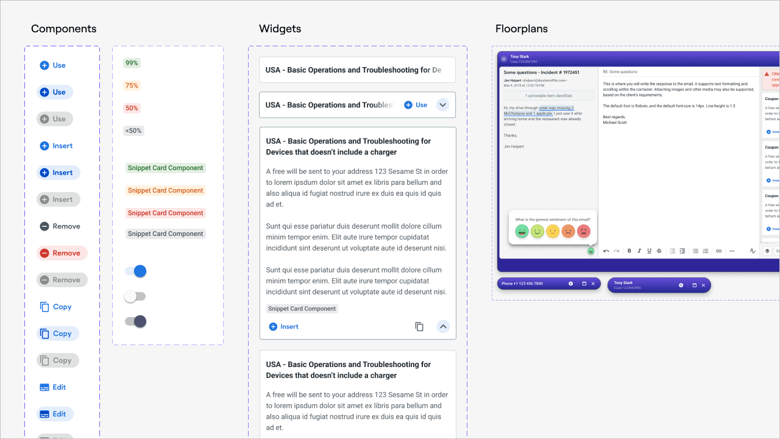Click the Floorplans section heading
tap(521, 29)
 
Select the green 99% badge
tap(132, 63)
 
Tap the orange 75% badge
tap(132, 85)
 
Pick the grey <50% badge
tap(133, 130)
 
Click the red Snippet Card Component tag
tap(165, 213)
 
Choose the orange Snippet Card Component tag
tap(165, 190)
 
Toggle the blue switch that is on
tap(135, 271)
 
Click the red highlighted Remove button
tap(62, 253)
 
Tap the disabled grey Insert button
tap(58, 199)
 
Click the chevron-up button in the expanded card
tap(443, 327)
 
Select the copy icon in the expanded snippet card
tap(419, 327)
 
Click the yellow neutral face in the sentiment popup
tap(553, 232)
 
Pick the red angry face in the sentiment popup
tap(584, 232)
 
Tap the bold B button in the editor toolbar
tap(629, 251)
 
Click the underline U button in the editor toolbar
tap(649, 251)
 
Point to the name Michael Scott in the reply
tap(615, 123)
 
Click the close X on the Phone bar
tap(593, 284)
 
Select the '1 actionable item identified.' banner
tap(548, 96)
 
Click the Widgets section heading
tap(280, 29)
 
